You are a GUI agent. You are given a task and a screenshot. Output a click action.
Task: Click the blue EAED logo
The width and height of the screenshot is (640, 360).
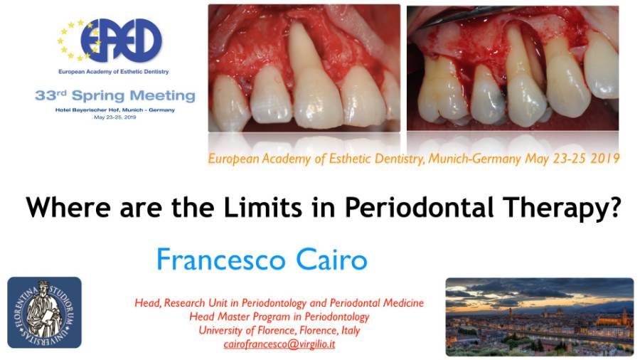pyautogui.click(x=110, y=40)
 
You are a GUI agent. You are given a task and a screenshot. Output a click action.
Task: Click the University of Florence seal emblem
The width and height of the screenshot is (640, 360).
pyautogui.click(x=45, y=312)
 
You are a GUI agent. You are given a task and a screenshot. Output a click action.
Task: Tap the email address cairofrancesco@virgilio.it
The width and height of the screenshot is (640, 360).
pyautogui.click(x=279, y=344)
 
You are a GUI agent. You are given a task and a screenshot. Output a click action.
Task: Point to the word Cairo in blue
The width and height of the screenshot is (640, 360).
pyautogui.click(x=331, y=260)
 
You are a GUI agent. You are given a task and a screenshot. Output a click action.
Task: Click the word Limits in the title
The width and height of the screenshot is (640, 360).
pyautogui.click(x=263, y=207)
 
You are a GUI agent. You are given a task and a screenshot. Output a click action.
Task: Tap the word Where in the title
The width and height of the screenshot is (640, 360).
pyautogui.click(x=68, y=207)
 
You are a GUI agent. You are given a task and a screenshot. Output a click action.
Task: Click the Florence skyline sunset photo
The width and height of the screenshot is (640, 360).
pyautogui.click(x=540, y=317)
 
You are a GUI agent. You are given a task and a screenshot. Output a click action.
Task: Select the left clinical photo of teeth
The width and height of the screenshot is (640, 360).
pyautogui.click(x=304, y=68)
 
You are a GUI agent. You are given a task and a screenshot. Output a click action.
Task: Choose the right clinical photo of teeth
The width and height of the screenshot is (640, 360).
pyautogui.click(x=513, y=68)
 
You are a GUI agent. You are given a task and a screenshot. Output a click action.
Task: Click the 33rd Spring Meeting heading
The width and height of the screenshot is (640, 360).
pyautogui.click(x=114, y=96)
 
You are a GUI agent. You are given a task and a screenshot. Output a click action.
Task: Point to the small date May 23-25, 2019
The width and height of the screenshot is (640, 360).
pyautogui.click(x=114, y=117)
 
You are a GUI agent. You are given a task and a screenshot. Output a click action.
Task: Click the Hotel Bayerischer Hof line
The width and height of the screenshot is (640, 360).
pyautogui.click(x=114, y=110)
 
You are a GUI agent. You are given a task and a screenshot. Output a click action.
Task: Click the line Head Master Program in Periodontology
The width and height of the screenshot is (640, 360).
pyautogui.click(x=279, y=317)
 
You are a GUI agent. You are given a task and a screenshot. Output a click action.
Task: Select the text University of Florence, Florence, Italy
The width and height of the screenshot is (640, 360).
pyautogui.click(x=279, y=330)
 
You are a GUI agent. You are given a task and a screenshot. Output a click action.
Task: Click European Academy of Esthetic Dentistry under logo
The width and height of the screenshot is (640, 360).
pyautogui.click(x=114, y=72)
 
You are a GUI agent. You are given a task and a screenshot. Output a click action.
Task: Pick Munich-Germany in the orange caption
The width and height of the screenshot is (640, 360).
pyautogui.click(x=475, y=159)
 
